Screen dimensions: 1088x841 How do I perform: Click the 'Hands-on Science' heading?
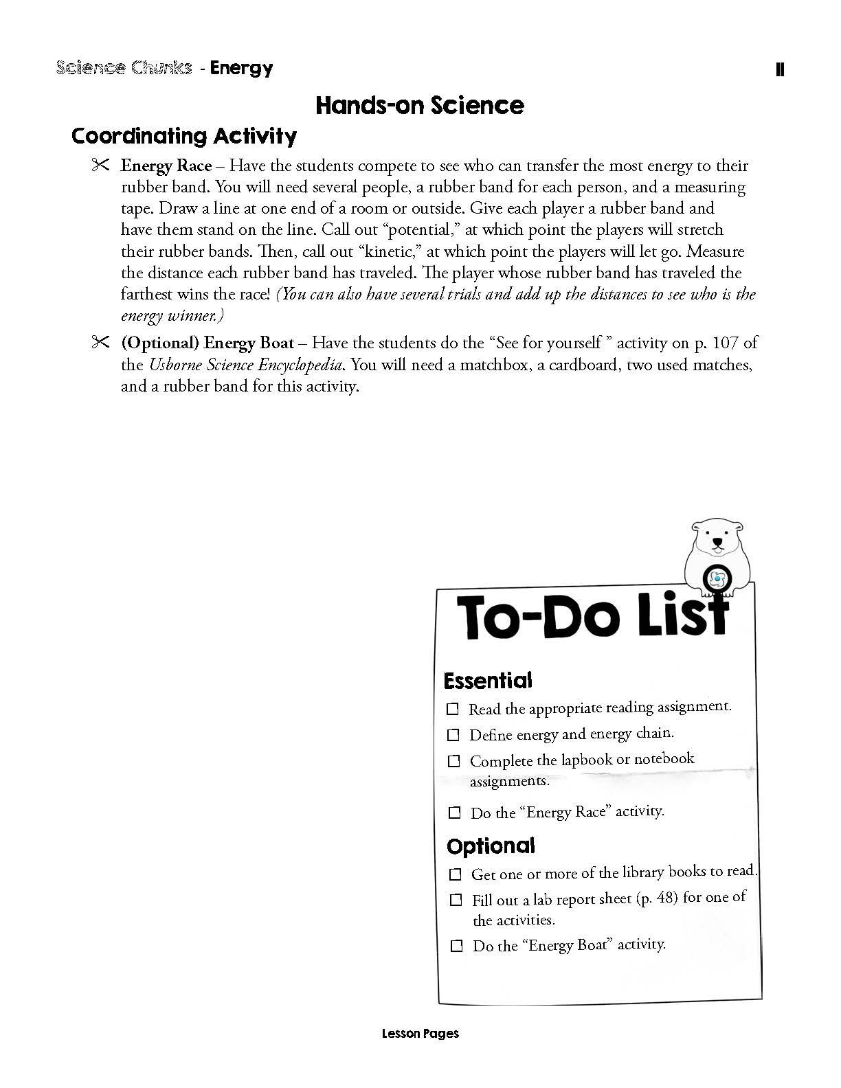[x=419, y=105]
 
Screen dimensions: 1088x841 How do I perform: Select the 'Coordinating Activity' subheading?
[x=184, y=135]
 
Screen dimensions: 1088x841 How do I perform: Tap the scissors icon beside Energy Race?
[x=100, y=166]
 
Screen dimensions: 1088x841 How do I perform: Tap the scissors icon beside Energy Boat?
[x=100, y=342]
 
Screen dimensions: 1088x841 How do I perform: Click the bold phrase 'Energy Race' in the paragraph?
[x=166, y=166]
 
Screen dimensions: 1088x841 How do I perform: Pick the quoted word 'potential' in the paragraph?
[x=418, y=229]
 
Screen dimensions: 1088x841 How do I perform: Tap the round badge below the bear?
[x=717, y=578]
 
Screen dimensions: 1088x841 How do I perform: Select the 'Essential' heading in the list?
[x=488, y=681]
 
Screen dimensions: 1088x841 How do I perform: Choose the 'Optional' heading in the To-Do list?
[x=491, y=846]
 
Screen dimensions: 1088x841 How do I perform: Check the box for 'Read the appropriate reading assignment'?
[x=453, y=709]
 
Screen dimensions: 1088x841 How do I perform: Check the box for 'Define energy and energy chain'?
[x=453, y=735]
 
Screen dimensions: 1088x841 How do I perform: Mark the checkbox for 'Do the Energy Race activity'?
[x=454, y=813]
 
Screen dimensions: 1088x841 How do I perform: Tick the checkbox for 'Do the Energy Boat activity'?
[x=456, y=946]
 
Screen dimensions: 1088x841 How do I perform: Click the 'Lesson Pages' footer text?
[x=420, y=1033]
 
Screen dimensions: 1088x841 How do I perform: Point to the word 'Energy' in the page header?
[x=241, y=67]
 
